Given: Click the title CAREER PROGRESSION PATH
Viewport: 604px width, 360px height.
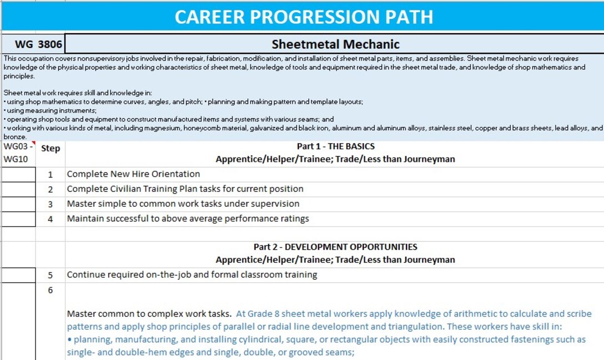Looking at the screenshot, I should click(304, 17).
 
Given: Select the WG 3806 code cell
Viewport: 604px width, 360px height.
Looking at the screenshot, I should click(33, 44).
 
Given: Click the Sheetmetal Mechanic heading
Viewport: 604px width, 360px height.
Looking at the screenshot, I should click(335, 44).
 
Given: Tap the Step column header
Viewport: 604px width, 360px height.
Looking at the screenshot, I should click(51, 149).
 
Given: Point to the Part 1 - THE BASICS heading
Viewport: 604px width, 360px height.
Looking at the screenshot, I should click(335, 146).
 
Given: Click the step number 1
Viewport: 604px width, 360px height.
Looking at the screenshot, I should click(51, 174).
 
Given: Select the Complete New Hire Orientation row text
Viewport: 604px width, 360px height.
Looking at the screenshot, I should click(133, 174).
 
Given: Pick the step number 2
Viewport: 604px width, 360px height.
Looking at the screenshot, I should click(51, 189).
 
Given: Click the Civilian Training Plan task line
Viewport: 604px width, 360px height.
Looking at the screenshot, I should click(185, 189).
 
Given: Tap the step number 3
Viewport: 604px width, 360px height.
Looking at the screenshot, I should click(51, 204).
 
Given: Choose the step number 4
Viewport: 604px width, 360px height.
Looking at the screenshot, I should click(51, 219).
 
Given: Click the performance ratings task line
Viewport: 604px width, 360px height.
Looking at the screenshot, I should click(188, 219).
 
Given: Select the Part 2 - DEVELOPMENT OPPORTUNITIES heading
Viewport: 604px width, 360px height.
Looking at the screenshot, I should click(335, 247).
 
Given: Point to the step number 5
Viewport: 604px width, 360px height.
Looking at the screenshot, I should click(51, 275).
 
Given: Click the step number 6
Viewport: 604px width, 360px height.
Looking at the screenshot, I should click(51, 290).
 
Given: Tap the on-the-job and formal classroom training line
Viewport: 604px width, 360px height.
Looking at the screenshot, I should click(192, 275).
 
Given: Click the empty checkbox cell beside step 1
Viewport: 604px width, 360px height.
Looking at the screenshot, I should click(18, 174).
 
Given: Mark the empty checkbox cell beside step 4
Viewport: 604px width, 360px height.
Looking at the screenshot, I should click(18, 219).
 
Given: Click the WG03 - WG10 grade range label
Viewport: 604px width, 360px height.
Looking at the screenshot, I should click(18, 153).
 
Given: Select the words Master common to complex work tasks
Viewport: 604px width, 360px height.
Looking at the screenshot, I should click(149, 314).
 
